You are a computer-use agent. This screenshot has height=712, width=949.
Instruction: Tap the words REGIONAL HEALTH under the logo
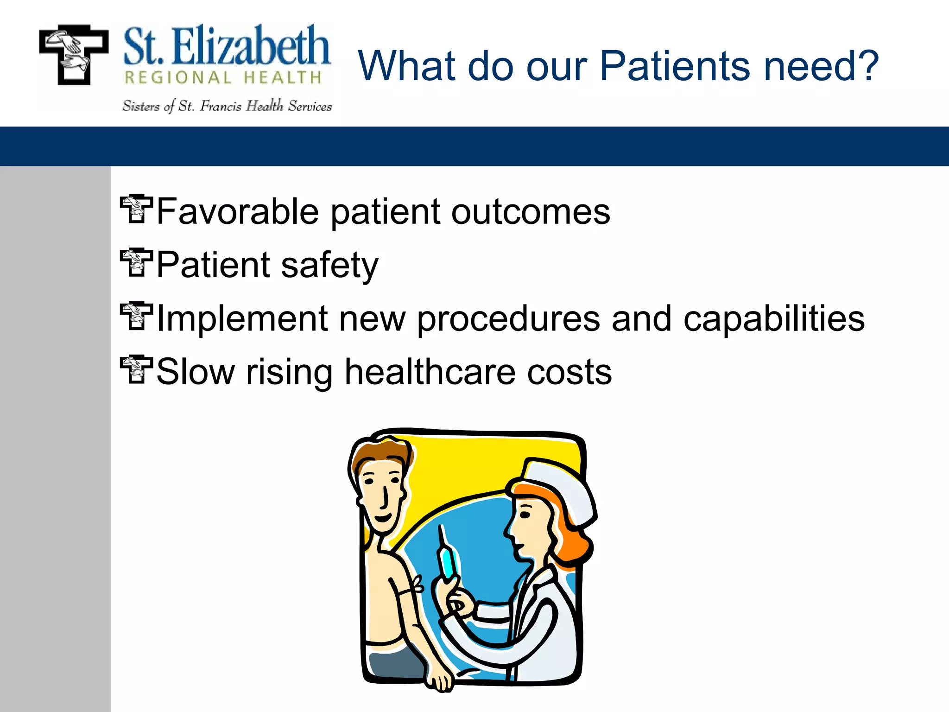click(x=223, y=78)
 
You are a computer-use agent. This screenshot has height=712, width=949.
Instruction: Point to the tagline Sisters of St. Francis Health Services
click(x=227, y=106)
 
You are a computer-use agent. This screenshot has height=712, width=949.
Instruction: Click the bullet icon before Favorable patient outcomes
click(x=136, y=210)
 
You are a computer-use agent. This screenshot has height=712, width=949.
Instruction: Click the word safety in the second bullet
click(x=329, y=265)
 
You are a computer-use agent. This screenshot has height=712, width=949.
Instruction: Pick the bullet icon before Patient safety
click(x=136, y=263)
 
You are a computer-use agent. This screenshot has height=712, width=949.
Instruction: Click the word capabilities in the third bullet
click(x=773, y=319)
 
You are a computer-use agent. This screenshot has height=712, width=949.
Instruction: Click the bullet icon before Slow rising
click(x=136, y=369)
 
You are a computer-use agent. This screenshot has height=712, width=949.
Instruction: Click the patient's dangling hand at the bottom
click(x=440, y=680)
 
